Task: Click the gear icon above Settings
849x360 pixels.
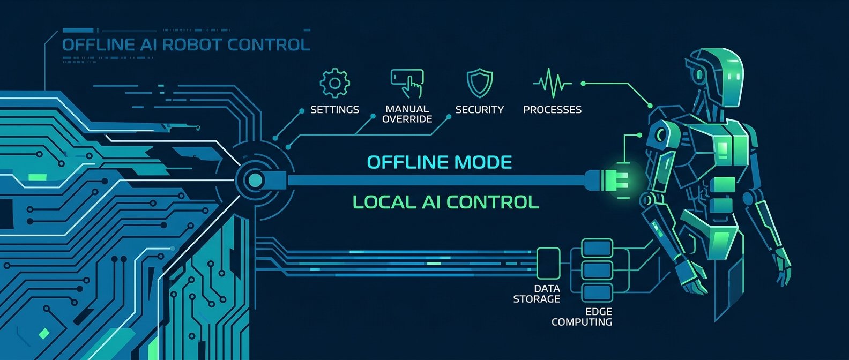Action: click(x=334, y=83)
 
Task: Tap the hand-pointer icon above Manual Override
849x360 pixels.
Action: click(x=407, y=84)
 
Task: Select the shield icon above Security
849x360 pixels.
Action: click(x=480, y=83)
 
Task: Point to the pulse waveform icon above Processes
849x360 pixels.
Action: click(x=552, y=83)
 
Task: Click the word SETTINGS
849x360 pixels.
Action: click(x=334, y=109)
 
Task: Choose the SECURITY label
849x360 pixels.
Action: click(x=480, y=109)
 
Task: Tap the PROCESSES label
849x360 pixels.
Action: click(x=552, y=109)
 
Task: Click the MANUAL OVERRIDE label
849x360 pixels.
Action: click(x=407, y=114)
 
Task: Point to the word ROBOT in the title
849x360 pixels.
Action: click(x=193, y=44)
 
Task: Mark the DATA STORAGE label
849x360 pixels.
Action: click(x=537, y=294)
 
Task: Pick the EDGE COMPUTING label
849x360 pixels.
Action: click(x=582, y=317)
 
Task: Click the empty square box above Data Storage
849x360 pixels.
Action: click(x=548, y=263)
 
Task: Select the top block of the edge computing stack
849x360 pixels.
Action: click(x=597, y=249)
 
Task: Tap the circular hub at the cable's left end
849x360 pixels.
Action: click(x=255, y=180)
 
